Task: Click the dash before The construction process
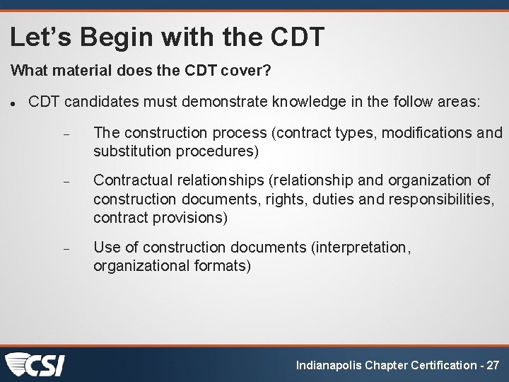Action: click(x=64, y=134)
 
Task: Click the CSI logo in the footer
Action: click(x=35, y=365)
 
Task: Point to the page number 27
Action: click(x=493, y=366)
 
